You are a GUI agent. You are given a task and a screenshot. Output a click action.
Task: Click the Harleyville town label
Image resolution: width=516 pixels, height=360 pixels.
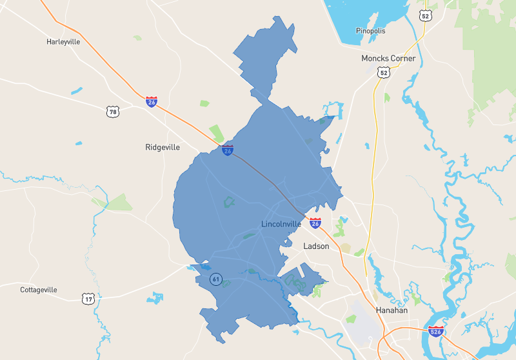pyautogui.click(x=63, y=42)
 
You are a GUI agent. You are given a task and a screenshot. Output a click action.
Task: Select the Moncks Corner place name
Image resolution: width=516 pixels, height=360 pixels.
pyautogui.click(x=388, y=58)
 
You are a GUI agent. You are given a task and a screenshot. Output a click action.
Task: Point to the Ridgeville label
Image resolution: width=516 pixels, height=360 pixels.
pyautogui.click(x=163, y=147)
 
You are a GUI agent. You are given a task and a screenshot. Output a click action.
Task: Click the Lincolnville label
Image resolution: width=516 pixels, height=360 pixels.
pyautogui.click(x=281, y=224)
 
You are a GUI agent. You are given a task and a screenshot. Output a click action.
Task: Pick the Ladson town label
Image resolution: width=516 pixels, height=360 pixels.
pyautogui.click(x=316, y=246)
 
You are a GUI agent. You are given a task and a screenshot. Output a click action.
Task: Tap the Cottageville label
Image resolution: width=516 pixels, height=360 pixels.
pyautogui.click(x=39, y=290)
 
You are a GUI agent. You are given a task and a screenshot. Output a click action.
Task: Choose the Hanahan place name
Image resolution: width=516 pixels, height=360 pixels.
pyautogui.click(x=392, y=310)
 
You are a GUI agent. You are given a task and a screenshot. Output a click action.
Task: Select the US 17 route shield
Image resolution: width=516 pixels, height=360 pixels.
pyautogui.click(x=88, y=299)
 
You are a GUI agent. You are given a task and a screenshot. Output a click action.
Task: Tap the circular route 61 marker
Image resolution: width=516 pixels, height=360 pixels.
pyautogui.click(x=215, y=279)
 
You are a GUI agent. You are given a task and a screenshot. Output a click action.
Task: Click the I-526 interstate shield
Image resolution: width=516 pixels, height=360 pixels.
pyautogui.click(x=435, y=332)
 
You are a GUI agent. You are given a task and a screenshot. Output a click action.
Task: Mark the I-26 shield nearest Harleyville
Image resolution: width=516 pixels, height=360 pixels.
pyautogui.click(x=151, y=102)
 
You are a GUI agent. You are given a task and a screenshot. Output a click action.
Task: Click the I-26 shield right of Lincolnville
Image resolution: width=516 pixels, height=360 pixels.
pyautogui.click(x=315, y=223)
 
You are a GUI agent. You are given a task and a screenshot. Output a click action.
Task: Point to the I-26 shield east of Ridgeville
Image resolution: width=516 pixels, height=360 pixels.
pyautogui.click(x=228, y=150)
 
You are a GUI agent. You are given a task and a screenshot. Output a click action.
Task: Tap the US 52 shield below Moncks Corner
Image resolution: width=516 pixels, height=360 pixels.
pyautogui.click(x=384, y=73)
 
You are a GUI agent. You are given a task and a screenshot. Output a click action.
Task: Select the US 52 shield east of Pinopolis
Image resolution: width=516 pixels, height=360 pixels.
pyautogui.click(x=424, y=15)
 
